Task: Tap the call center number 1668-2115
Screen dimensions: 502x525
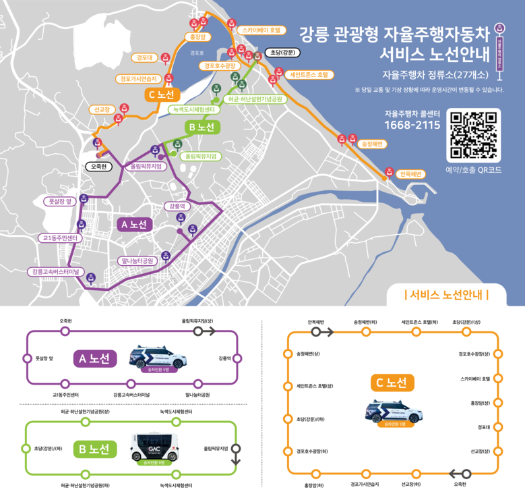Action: tap(412, 125)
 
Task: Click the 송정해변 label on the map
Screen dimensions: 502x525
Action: tap(372, 144)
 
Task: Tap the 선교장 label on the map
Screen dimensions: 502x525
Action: tap(102, 109)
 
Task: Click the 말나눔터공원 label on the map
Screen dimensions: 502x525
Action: tap(137, 260)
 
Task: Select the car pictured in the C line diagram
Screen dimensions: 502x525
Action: tap(392, 411)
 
